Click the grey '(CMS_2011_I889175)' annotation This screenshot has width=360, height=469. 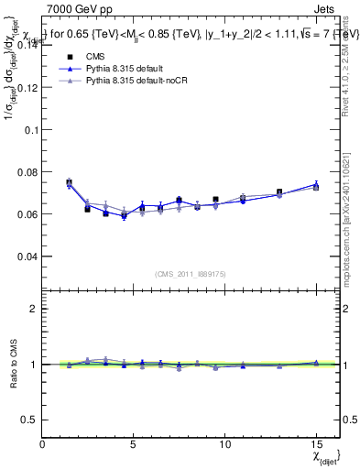tap(191, 272)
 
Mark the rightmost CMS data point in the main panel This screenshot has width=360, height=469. tap(316, 187)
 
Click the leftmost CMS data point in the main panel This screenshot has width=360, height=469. tap(70, 182)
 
